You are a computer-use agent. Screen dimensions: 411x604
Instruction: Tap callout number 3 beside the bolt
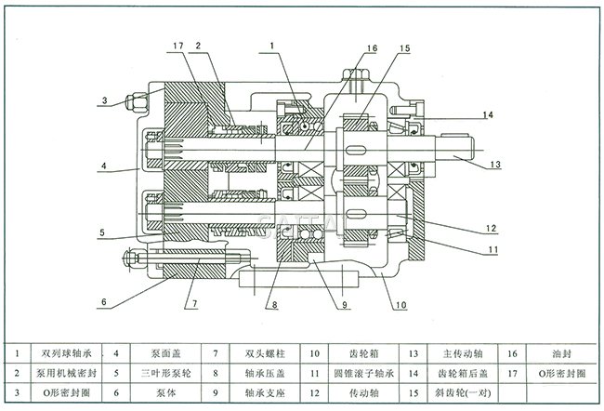pos(104,99)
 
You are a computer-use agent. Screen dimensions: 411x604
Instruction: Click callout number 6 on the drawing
pos(104,300)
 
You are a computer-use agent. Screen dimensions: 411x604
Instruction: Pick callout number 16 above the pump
pos(371,48)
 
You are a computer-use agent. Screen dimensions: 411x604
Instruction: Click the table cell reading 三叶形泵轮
pos(167,373)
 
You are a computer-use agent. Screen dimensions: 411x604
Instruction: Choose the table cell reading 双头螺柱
pos(264,353)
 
